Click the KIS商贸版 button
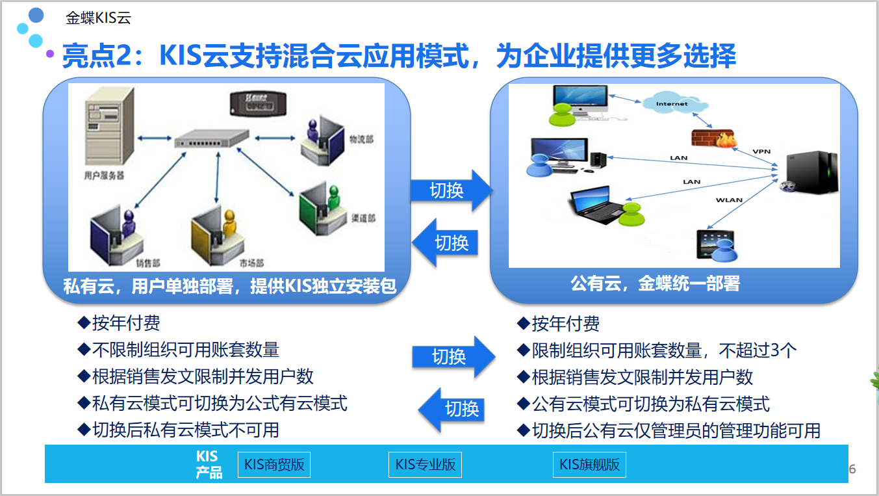coord(274,465)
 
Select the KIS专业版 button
coord(426,465)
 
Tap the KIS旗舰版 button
coord(590,465)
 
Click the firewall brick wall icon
coord(713,137)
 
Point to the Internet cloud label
coord(671,104)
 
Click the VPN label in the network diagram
coord(761,151)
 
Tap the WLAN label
coord(729,200)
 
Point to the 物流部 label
coord(362,140)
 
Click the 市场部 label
coord(251,263)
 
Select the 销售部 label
coord(148,263)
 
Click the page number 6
coord(852,469)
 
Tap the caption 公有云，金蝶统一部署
coord(655,283)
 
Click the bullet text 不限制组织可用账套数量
coord(186,350)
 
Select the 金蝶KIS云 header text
coord(98,18)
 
